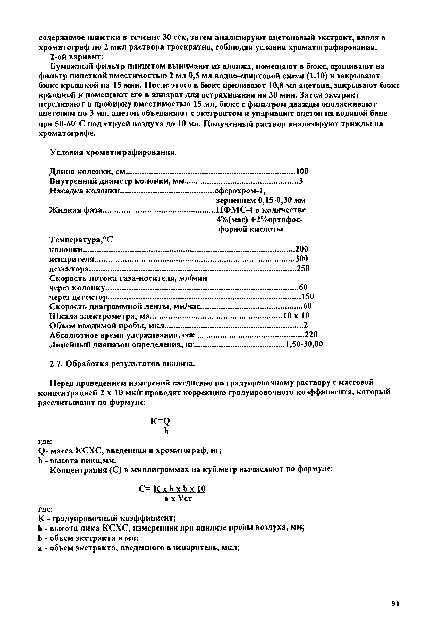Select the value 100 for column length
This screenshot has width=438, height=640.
click(302, 171)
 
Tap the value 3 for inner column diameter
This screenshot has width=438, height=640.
click(301, 181)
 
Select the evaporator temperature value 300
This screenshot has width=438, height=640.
click(301, 258)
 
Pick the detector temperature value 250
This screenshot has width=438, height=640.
click(303, 268)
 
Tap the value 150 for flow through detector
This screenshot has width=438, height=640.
click(308, 297)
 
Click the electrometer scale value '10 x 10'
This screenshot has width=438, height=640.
click(296, 315)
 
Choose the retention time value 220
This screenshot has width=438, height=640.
click(311, 335)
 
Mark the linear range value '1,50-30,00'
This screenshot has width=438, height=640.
click(304, 344)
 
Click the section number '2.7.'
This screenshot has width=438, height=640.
click(56, 364)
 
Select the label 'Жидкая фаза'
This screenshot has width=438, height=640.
click(76, 210)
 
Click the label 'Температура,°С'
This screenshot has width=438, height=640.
click(81, 240)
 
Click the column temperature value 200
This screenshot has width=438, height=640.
click(301, 249)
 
